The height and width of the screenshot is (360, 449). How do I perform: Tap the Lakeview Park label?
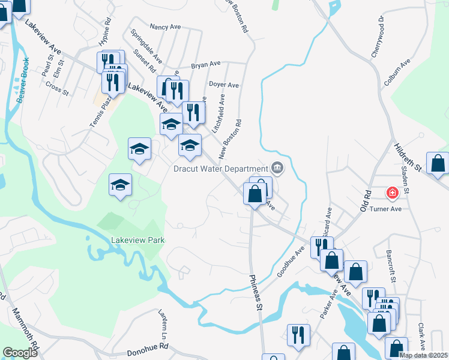(x=137, y=241)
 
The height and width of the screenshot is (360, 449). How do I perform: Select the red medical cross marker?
(x=393, y=193)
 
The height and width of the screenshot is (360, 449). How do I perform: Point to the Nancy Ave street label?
(x=166, y=27)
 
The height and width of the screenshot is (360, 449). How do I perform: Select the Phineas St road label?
(x=256, y=292)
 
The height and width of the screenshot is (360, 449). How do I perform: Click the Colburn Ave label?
(x=397, y=71)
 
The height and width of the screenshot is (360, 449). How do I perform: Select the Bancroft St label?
(x=391, y=266)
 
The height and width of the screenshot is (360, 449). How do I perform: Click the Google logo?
(x=20, y=353)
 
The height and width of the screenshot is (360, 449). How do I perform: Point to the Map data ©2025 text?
(x=423, y=355)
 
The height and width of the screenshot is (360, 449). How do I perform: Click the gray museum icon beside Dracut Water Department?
(x=277, y=167)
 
